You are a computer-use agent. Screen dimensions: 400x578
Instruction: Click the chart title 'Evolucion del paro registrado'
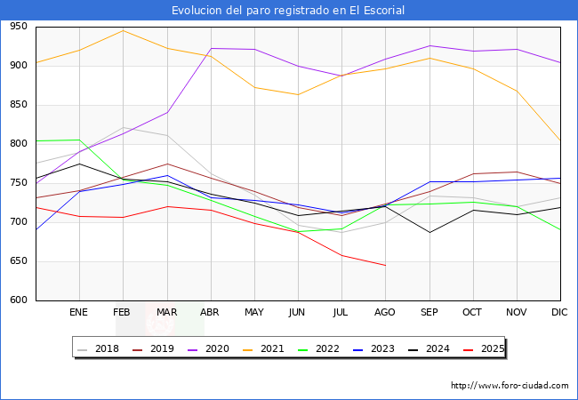coord(289,11)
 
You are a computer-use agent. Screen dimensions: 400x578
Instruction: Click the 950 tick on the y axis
coord(18,27)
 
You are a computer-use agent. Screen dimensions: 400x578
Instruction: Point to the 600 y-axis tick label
coord(18,300)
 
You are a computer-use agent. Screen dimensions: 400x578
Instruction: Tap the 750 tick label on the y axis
coord(18,183)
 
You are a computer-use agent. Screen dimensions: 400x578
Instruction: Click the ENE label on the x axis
coord(79,313)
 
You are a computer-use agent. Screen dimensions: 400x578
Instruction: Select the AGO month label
coord(385,313)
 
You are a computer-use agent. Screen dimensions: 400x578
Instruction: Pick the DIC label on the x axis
coord(559,313)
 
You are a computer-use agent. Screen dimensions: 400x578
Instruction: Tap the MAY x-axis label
coord(253,313)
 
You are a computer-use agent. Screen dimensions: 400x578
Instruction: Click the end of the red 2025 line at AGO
coord(385,265)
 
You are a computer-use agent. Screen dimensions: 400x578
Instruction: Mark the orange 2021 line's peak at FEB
coord(123,31)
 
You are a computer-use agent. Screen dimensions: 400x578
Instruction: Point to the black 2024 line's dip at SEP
coord(429,233)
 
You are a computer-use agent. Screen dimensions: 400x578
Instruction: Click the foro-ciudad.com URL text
coord(510,386)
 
